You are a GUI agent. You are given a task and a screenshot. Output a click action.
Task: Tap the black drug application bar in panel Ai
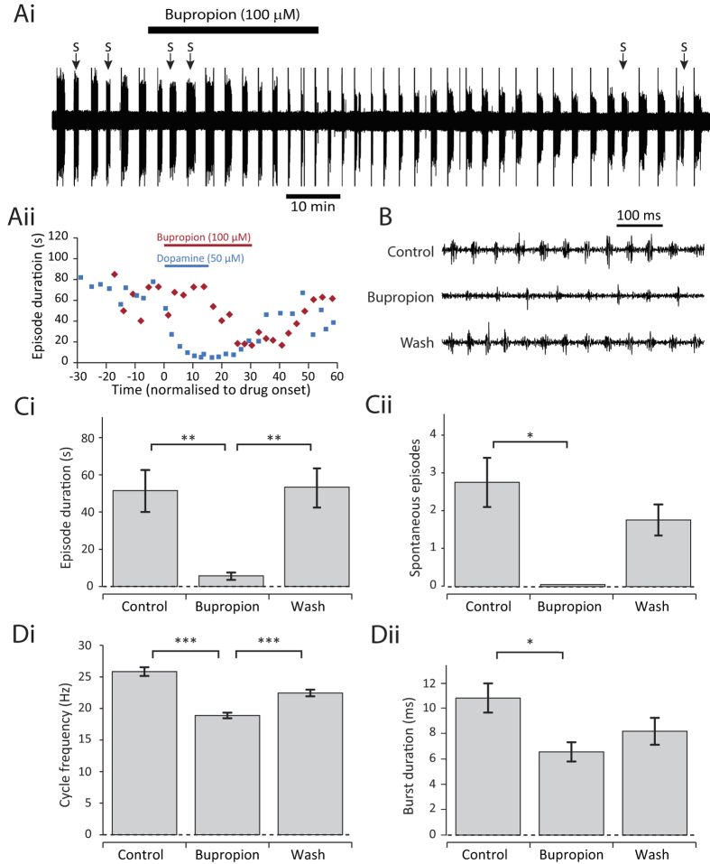[x=233, y=30]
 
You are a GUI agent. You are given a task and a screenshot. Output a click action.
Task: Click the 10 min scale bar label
[x=313, y=208]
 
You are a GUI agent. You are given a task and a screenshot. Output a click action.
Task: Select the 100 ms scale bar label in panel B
[x=639, y=216]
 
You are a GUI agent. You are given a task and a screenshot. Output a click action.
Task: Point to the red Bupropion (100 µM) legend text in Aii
[x=204, y=238]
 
